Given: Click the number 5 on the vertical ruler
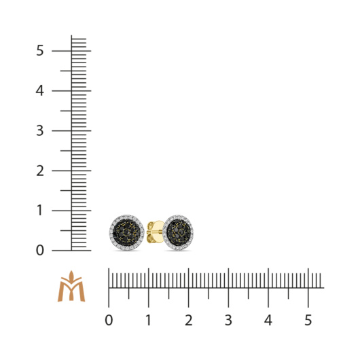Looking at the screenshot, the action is [39, 50].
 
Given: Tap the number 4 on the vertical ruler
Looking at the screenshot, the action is [39, 91].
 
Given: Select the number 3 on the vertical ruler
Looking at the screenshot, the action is [39, 130].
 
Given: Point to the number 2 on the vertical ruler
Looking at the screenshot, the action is [40, 170].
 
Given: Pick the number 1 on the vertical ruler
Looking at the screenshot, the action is [39, 211].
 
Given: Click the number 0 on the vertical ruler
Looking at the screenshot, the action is [39, 251].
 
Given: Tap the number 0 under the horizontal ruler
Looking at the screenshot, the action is [109, 321].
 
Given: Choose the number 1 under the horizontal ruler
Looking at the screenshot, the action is [149, 321].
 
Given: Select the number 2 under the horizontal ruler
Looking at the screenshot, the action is [189, 321].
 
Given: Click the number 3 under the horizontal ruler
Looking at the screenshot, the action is [228, 321].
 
